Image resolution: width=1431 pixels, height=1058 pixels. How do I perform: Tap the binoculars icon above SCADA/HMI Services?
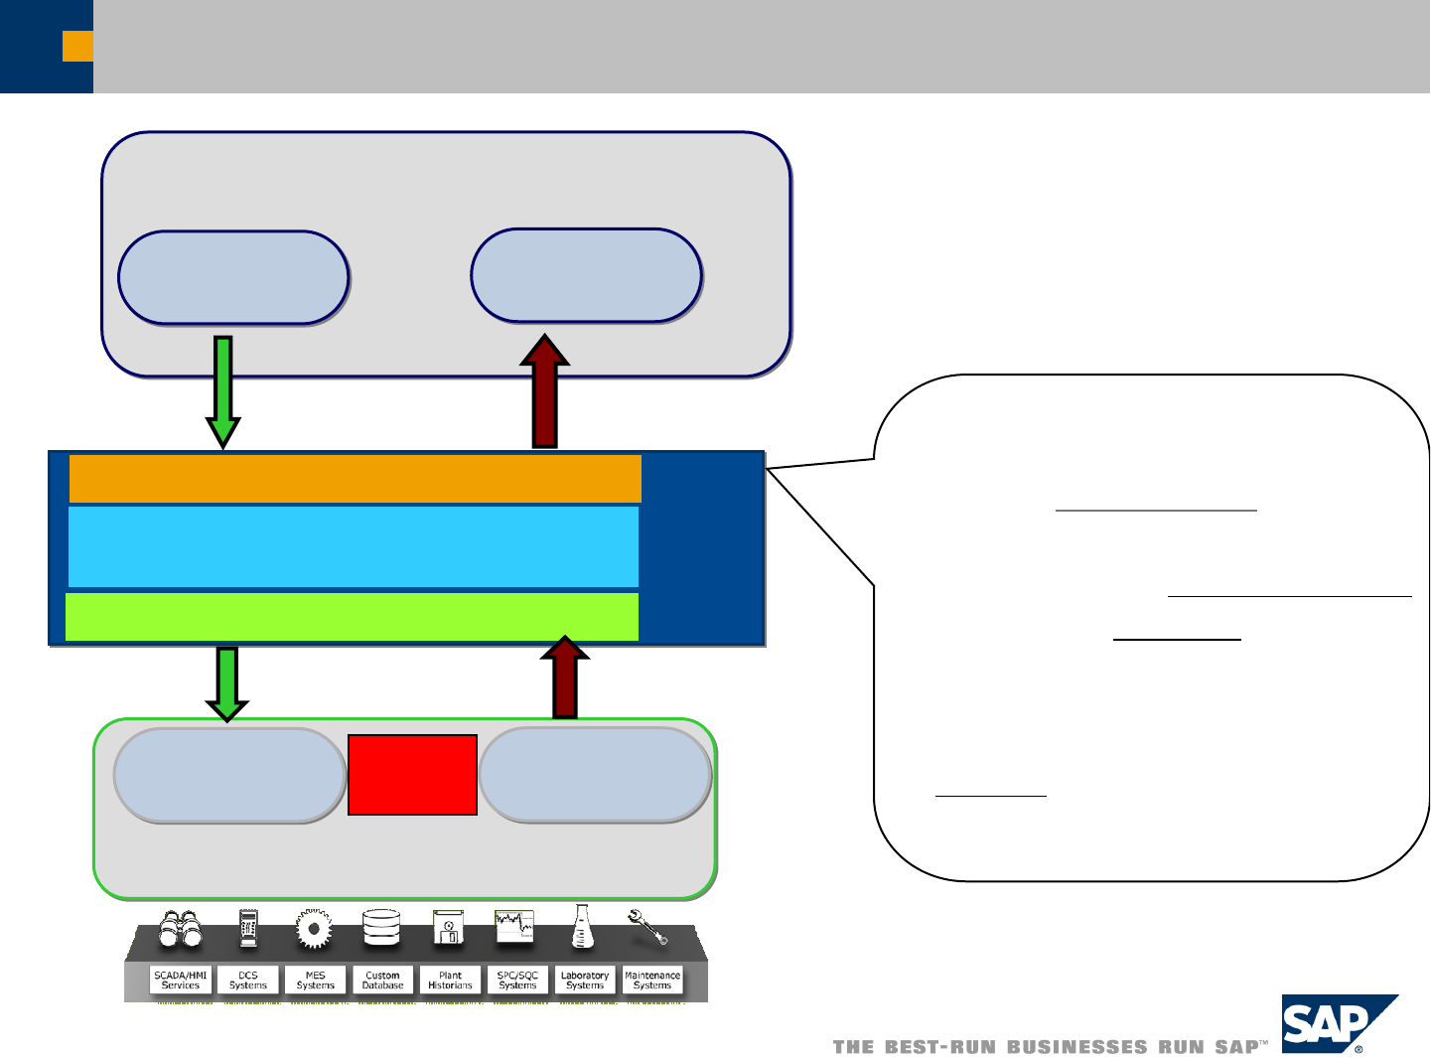tap(181, 929)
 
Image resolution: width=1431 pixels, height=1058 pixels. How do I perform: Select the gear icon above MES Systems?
tap(314, 929)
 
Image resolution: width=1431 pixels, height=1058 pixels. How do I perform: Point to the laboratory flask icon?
tap(583, 927)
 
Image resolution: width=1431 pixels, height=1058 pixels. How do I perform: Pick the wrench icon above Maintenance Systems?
tap(648, 927)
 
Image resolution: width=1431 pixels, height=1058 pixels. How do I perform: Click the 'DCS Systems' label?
tap(248, 981)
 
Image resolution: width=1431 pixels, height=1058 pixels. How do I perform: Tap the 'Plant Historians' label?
tap(450, 981)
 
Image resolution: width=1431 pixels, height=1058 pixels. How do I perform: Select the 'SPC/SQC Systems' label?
tap(517, 981)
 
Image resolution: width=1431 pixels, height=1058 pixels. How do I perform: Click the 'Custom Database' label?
tap(382, 981)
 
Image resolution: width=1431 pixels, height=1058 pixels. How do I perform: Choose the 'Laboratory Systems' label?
tap(585, 981)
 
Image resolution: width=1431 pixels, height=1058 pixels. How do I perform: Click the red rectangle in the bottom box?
tap(412, 775)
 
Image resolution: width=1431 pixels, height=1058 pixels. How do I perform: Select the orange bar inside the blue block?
tap(355, 479)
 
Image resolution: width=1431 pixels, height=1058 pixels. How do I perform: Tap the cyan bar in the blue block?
tap(353, 546)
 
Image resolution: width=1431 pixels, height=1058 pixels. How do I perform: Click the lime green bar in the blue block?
tap(352, 617)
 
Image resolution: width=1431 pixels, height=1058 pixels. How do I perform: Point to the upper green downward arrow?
tap(223, 391)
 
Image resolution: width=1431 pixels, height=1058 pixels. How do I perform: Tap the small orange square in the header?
tap(77, 47)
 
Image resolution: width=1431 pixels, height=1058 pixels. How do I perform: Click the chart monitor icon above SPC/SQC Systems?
tap(514, 927)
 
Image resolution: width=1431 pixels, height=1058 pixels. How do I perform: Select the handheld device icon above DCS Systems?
tap(248, 928)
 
